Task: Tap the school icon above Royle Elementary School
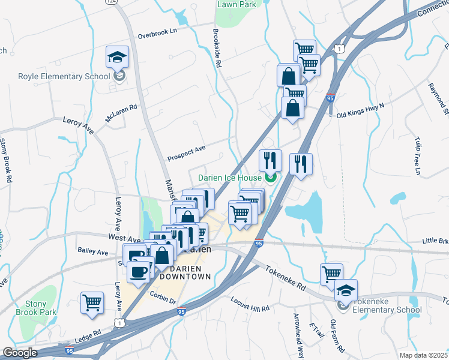pos(118,57)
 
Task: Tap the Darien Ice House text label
pos(230,178)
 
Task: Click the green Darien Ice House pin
pos(270,177)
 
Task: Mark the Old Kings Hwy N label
pos(360,114)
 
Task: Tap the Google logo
pos(20,352)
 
